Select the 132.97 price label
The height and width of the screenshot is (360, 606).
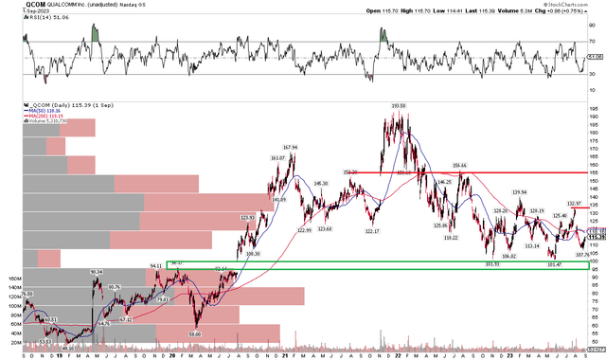click(574, 204)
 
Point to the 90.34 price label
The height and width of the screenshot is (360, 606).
click(96, 272)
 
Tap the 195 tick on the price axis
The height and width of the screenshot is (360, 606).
click(593, 109)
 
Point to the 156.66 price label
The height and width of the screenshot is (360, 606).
click(461, 164)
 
